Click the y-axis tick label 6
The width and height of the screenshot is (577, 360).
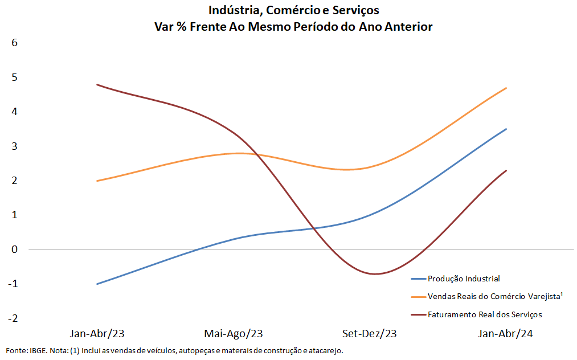coord(15,42)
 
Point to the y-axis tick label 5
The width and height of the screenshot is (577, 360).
coord(15,77)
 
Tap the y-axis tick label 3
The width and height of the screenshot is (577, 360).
coord(15,146)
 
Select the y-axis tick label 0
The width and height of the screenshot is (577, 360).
coord(15,249)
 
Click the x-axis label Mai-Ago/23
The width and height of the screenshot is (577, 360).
coord(234,333)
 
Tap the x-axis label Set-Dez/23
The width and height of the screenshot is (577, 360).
coord(370,333)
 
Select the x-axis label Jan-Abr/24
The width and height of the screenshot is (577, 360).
coord(506,333)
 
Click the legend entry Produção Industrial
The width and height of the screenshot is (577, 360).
coord(464,279)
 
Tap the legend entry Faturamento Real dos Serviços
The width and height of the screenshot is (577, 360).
coord(485,314)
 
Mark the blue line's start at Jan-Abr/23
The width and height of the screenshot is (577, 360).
coord(97,284)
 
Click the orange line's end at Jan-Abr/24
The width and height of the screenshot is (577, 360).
coord(506,88)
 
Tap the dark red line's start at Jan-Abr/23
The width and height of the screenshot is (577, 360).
coord(97,84)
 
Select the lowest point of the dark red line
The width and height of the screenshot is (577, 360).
coord(376,274)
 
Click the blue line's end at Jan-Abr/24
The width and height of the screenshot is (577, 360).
coord(506,129)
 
